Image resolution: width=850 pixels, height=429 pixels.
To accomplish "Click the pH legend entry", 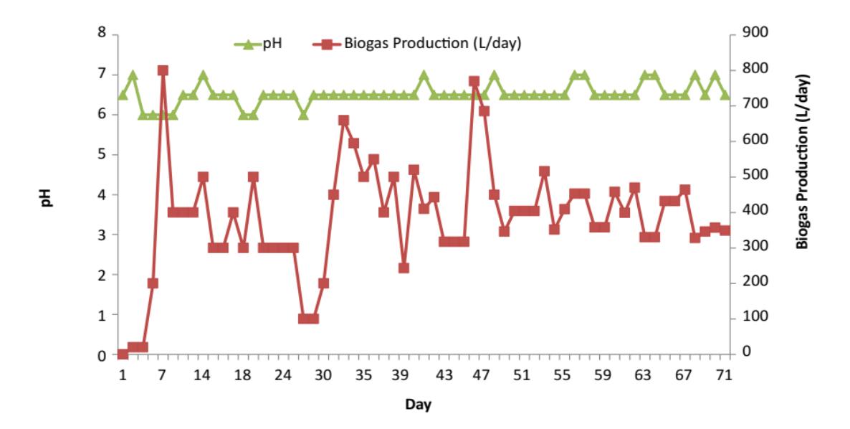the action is click(259, 44).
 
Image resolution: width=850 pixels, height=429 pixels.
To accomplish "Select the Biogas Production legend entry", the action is click(417, 44).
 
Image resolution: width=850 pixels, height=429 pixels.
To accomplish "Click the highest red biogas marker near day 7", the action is click(163, 70).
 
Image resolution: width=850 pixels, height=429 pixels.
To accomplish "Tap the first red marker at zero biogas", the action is click(123, 354).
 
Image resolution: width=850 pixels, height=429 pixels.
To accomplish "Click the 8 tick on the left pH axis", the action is click(102, 33).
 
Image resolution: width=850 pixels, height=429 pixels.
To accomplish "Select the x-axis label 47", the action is click(484, 375).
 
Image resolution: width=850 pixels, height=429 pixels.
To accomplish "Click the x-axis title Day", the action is click(419, 405).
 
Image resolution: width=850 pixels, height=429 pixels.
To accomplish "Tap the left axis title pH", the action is click(48, 197).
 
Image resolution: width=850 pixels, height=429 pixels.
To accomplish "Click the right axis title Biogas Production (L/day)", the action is click(802, 161).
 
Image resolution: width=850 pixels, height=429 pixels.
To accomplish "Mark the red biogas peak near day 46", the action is click(474, 81).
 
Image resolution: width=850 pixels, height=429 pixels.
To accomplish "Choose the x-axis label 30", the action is click(323, 375).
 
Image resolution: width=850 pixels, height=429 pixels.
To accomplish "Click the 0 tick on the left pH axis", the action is click(102, 356).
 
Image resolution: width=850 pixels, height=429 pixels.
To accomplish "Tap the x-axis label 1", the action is click(123, 375).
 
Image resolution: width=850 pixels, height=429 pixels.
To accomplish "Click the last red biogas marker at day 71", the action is click(725, 230).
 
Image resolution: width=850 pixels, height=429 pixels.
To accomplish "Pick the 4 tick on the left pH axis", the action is click(102, 194).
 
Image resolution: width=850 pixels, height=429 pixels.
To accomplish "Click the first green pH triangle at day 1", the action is click(123, 95).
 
